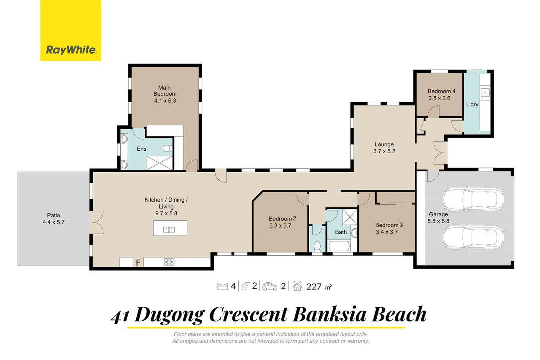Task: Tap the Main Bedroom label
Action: coord(165,91)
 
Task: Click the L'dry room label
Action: coord(472,104)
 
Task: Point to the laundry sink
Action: coord(485,92)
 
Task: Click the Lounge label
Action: coord(383,144)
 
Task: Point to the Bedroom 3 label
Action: coord(389,225)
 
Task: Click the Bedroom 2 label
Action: coord(283,219)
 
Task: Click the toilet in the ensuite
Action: coord(167,149)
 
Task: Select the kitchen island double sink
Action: coord(170,230)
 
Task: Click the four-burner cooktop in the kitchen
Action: coord(169,262)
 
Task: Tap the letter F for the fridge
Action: coord(138,263)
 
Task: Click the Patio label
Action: coord(52,215)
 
